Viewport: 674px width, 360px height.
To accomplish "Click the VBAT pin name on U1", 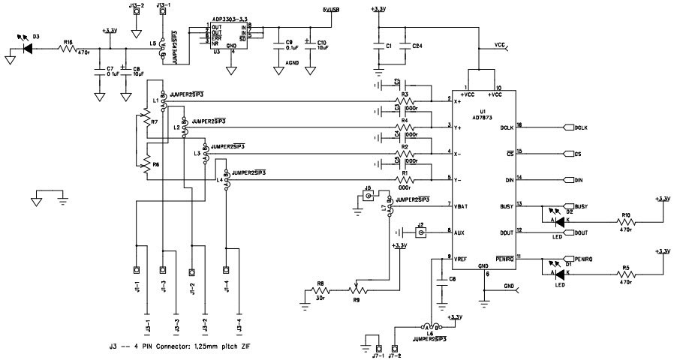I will pos(464,205).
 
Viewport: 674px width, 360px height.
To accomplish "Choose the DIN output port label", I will pos(579,180).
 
